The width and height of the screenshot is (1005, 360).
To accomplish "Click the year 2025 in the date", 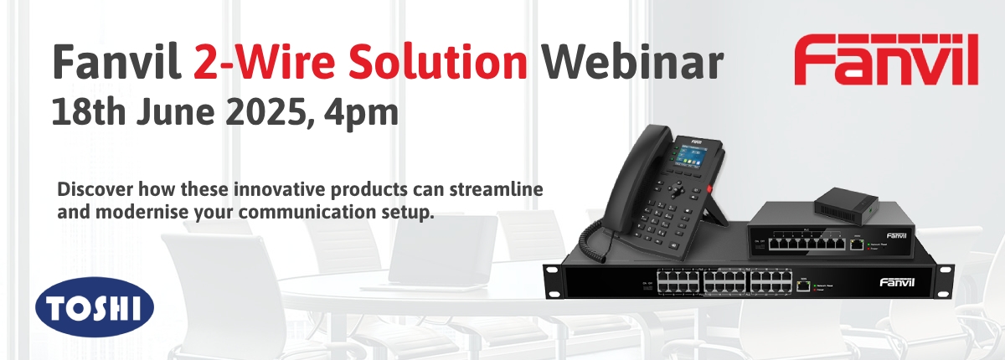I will tap(249, 112).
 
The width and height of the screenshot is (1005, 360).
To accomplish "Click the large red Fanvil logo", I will tap(885, 61).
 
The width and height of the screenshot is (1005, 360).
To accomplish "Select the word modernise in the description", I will tap(129, 212).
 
